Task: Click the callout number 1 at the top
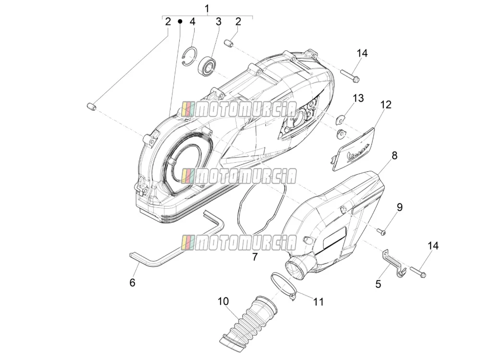tap(207, 8)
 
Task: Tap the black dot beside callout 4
tap(180, 21)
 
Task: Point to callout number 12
tap(386, 105)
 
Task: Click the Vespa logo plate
tap(353, 149)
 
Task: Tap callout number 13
tap(358, 98)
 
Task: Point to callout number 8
tap(394, 156)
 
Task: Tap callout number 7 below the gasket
tap(255, 256)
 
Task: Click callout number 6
tap(132, 283)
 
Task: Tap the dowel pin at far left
tap(90, 107)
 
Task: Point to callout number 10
tap(223, 301)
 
